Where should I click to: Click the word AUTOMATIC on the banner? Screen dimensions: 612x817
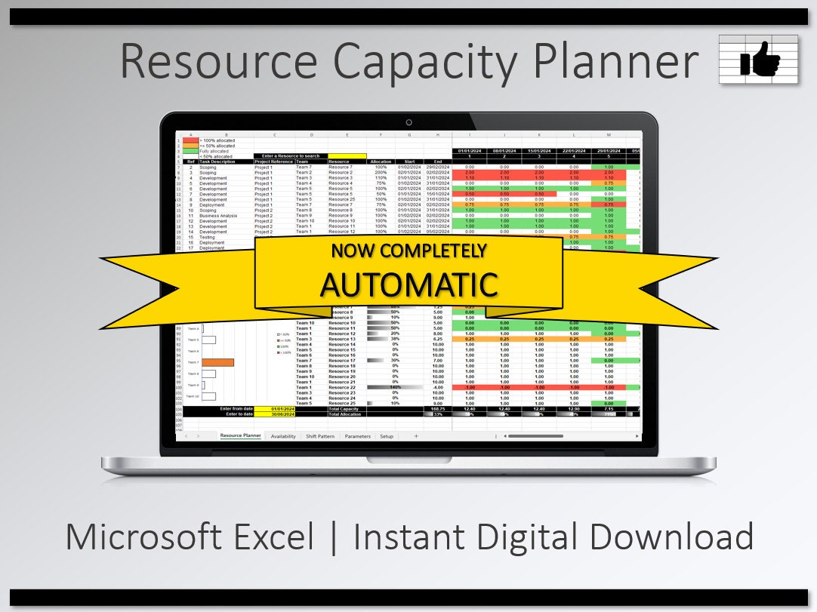[408, 284]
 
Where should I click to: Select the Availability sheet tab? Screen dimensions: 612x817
[283, 436]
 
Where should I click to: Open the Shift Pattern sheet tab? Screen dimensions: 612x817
[320, 436]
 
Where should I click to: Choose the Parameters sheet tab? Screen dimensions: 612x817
[357, 436]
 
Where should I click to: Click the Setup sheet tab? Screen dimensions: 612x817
[387, 436]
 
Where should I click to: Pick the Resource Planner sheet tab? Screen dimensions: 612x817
[240, 436]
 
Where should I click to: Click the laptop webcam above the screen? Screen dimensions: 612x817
[408, 121]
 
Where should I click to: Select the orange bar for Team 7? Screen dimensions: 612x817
[217, 362]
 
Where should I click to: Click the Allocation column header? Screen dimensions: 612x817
[381, 161]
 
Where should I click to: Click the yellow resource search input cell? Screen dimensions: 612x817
[347, 156]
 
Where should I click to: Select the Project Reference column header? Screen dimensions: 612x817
[273, 161]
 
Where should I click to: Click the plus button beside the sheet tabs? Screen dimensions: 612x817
[416, 436]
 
